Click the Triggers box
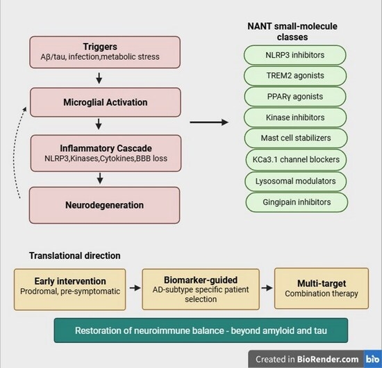pos(105,52)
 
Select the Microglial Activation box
pos(106,102)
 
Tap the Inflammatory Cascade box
pos(106,153)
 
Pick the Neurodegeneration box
pos(104,205)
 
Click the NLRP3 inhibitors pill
pos(294,55)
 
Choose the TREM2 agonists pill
pos(295,76)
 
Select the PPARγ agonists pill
pos(295,97)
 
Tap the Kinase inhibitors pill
pos(295,118)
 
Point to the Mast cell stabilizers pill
pos(296,138)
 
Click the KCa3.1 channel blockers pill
pos(296,159)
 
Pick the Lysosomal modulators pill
pos(295,182)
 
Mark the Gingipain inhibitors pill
pos(297,202)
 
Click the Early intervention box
pos(70,289)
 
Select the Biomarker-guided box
pos(201,289)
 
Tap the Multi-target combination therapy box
pos(322,289)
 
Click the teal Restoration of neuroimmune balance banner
pos(201,330)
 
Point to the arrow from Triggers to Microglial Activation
pos(99,78)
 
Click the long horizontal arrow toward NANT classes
pos(209,122)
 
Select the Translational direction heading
pos(75,256)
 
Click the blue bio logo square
pos(373,359)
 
